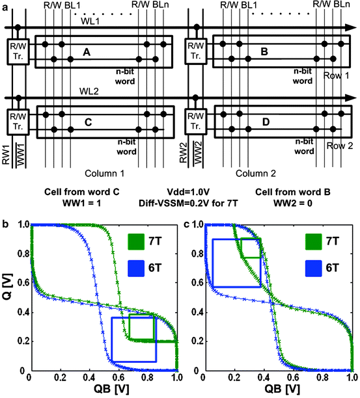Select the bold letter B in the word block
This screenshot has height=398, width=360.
264,51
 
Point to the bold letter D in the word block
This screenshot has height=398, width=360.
264,122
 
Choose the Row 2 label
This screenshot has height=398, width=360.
339,146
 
